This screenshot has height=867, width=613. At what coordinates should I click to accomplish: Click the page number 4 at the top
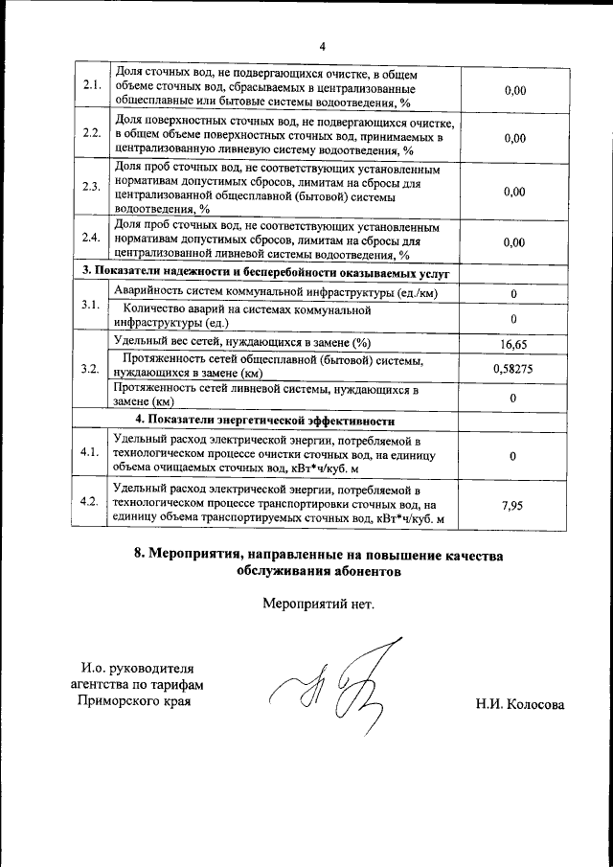(323, 45)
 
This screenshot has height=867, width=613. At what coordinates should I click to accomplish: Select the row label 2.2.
(92, 133)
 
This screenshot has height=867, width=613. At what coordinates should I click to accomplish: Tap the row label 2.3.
(92, 187)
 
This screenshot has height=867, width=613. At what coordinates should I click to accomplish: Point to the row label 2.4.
(92, 238)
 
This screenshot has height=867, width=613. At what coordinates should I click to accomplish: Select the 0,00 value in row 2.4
(513, 242)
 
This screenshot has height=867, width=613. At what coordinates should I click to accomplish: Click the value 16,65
(513, 343)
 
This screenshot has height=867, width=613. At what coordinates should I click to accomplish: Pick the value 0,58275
(513, 368)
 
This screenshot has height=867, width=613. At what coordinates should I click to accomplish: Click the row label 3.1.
(92, 304)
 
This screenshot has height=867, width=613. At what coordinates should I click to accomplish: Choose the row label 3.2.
(92, 369)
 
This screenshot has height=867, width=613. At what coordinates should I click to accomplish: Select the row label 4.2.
(92, 502)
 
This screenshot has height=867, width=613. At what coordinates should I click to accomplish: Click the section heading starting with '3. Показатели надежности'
(264, 273)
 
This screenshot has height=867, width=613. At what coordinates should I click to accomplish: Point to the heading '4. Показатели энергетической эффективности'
(264, 420)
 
